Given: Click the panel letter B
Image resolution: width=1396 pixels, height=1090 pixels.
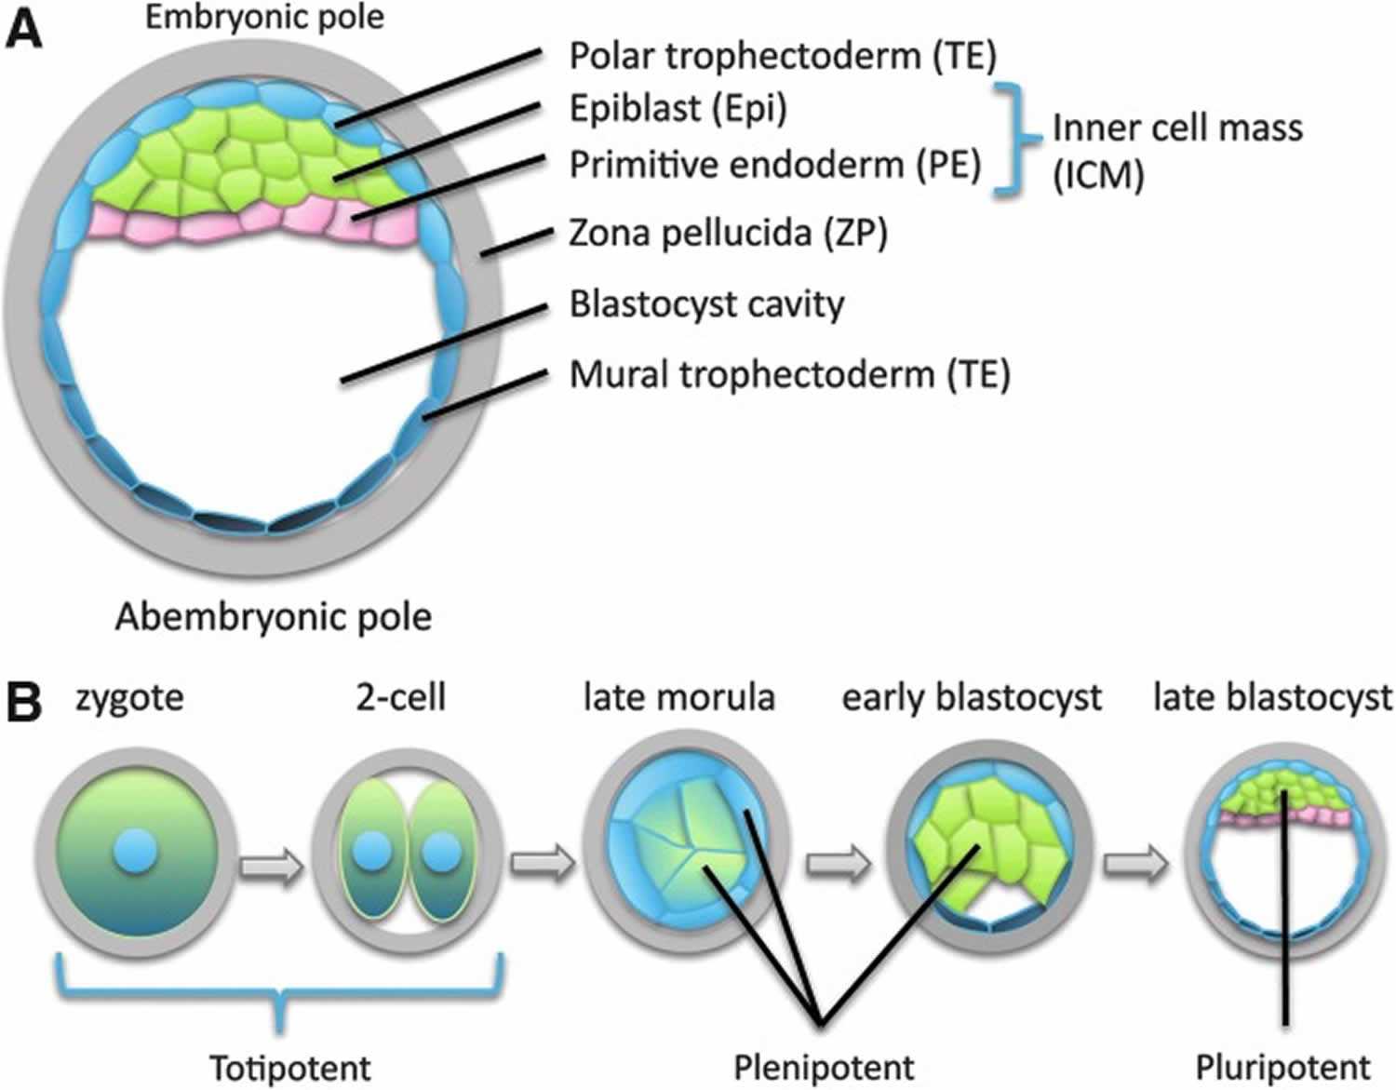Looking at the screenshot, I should (x=24, y=703).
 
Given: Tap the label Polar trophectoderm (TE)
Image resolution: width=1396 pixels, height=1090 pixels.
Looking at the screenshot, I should (x=782, y=56).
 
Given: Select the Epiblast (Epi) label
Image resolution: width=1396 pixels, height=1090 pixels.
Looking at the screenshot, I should (x=678, y=109).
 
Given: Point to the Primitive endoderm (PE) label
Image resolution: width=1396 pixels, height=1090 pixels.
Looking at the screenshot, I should (x=774, y=165).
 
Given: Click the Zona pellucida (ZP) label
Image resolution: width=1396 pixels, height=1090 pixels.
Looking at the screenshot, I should (x=728, y=233).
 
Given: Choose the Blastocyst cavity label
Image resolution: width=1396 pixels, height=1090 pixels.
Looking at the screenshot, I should (x=706, y=304).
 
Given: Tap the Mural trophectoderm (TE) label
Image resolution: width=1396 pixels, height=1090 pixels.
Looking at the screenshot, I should (x=789, y=374).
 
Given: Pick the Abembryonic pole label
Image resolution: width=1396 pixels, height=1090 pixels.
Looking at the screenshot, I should (x=274, y=617).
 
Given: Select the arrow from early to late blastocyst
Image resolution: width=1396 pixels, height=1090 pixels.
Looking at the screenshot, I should (x=1134, y=863).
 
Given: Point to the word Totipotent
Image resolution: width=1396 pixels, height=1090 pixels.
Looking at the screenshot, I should (x=289, y=1067).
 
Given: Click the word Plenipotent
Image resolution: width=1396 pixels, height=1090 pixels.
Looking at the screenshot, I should (x=824, y=1067).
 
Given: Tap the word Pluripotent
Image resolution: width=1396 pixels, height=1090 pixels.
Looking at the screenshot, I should (x=1282, y=1067).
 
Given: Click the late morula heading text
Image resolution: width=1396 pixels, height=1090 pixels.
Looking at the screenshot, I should (x=678, y=697).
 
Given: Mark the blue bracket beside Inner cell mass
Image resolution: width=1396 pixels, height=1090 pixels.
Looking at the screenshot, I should (x=1016, y=140).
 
